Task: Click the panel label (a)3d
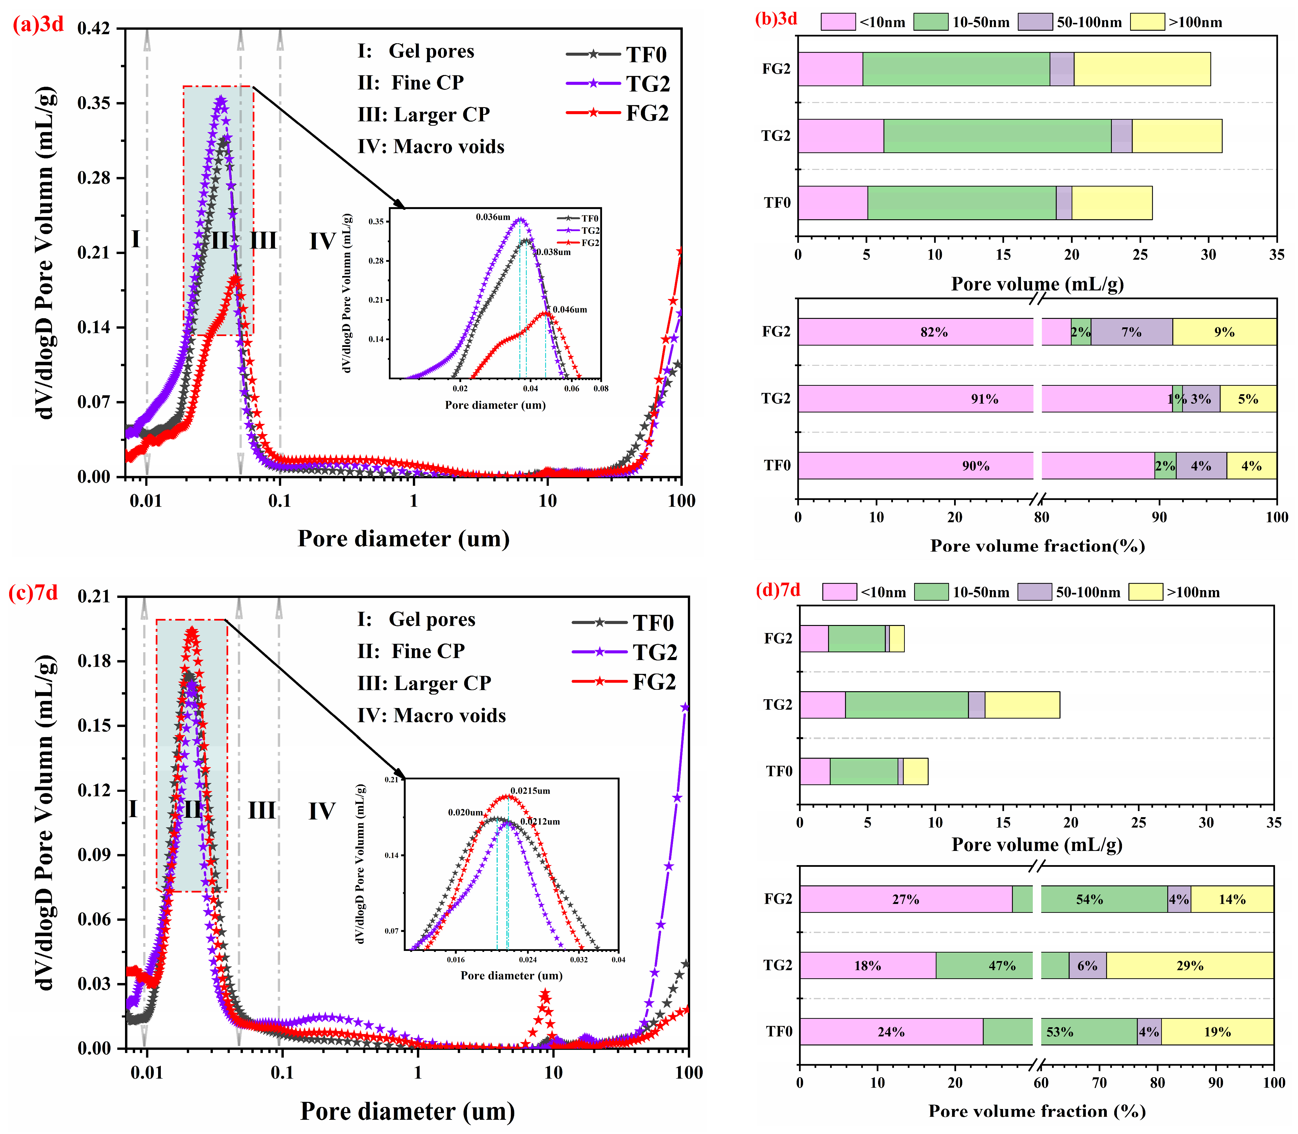pyautogui.click(x=38, y=24)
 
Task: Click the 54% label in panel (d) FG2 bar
pyautogui.click(x=1089, y=899)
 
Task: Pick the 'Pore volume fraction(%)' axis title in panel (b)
pyautogui.click(x=1037, y=546)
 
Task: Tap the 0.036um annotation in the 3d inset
pyautogui.click(x=493, y=217)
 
